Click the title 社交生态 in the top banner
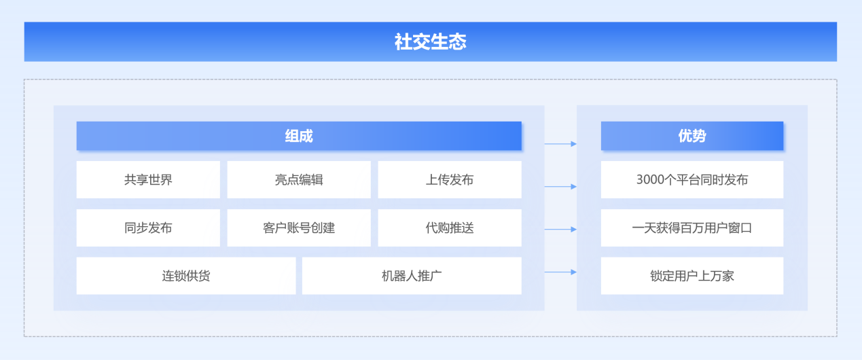pos(430,41)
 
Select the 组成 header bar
pos(299,136)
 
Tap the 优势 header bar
pos(692,136)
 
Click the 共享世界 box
pos(148,179)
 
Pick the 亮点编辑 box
pos(299,179)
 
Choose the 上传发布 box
pos(450,179)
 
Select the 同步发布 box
pos(148,228)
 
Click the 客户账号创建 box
pos(299,228)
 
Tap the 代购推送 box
pos(450,228)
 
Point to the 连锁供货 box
pos(186,276)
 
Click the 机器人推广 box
pos(412,276)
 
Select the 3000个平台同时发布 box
pos(692,179)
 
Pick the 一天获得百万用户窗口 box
pos(692,228)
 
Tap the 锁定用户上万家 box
pos(692,276)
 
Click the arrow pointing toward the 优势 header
pos(560,144)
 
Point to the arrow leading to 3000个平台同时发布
pos(560,187)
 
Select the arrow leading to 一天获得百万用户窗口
pos(560,229)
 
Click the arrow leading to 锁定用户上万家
pos(560,272)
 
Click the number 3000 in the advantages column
pos(650,179)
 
